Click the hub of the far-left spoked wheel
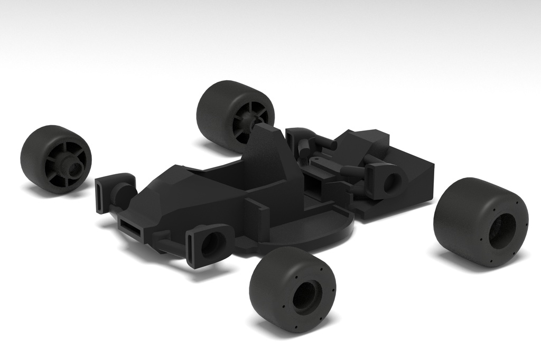click(70, 167)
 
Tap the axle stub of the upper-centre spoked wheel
click(248, 121)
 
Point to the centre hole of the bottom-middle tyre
click(305, 296)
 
